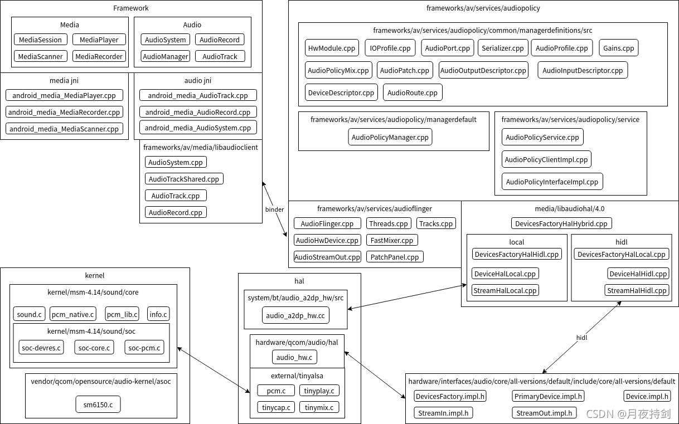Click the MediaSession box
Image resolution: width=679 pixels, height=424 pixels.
40,40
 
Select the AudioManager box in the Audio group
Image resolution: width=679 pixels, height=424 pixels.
165,56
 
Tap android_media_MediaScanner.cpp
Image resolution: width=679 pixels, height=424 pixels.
64,129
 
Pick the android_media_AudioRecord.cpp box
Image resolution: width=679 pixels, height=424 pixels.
198,112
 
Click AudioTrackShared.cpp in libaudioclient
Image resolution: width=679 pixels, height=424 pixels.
184,179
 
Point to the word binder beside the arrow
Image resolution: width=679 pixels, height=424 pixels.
274,209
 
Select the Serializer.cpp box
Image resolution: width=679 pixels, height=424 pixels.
502,48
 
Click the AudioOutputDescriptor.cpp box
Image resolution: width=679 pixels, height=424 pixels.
483,70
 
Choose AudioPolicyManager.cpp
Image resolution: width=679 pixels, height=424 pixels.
390,137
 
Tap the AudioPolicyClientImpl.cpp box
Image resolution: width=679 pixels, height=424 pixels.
546,159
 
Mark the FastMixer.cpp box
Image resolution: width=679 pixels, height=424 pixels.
392,240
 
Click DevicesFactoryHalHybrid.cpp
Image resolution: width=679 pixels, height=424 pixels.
561,223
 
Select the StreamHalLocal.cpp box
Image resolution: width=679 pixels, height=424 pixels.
505,290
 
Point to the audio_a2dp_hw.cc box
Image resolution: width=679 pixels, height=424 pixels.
295,315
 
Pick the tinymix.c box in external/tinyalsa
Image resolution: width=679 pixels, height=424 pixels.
319,407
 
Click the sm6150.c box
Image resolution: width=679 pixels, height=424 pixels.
98,404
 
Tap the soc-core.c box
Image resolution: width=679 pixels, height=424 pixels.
94,348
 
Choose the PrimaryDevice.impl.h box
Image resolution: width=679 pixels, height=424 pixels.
548,396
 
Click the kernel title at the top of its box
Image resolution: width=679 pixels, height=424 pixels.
95,275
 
